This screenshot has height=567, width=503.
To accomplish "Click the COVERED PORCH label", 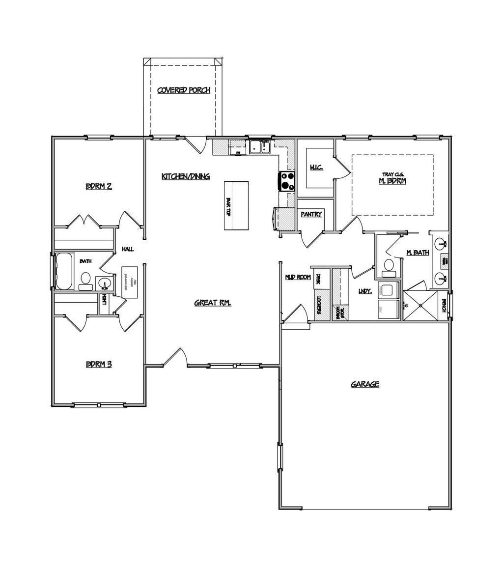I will point(184,90).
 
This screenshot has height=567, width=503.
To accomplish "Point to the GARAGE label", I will point(365,384).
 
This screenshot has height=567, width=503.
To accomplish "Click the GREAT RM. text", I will point(212,303).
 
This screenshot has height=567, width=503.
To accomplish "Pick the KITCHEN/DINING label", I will point(186,176).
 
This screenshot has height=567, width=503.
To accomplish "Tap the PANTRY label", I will point(311,214).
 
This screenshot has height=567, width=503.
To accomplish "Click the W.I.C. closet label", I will point(316,168).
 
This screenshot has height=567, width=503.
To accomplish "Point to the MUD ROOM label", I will point(298,277).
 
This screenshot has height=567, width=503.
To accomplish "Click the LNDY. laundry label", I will point(365,291).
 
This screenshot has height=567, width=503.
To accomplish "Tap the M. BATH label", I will point(418,253).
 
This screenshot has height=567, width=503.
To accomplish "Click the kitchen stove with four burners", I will point(287,181).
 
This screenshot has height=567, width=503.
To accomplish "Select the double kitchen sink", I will point(259,147).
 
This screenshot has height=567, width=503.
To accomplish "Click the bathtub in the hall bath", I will point(64,271).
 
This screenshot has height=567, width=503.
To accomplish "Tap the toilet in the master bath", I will point(389,266).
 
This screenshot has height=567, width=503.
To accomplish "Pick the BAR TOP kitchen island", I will point(236,205).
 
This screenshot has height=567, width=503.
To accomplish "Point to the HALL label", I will point(128,250).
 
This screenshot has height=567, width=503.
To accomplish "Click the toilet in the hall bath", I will point(85,280).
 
